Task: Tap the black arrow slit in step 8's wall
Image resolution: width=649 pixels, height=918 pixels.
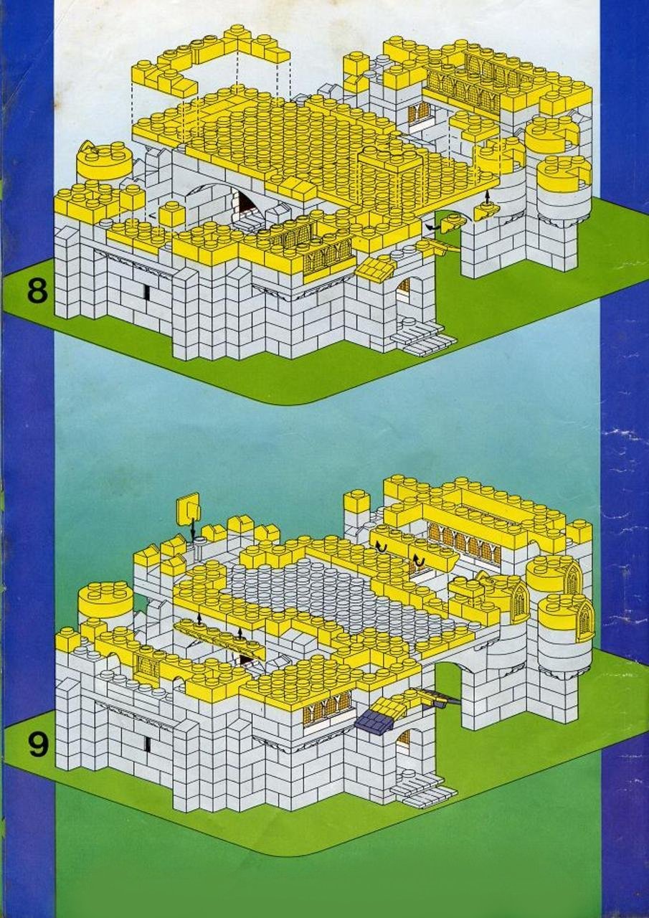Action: (146, 291)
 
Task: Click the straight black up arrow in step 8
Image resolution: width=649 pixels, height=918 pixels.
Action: (487, 197)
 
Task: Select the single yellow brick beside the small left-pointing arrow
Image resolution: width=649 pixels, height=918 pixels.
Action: (172, 216)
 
